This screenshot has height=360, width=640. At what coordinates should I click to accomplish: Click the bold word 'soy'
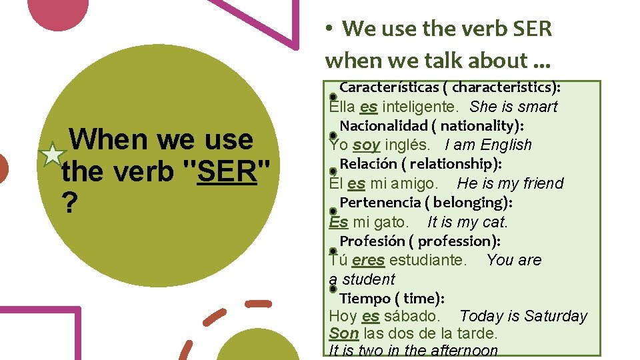(x=366, y=145)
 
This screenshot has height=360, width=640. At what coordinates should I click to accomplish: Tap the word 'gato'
(x=391, y=222)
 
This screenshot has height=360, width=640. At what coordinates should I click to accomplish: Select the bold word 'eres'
(x=368, y=260)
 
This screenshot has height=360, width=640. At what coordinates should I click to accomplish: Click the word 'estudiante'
(x=428, y=260)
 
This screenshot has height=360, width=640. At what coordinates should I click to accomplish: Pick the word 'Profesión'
(x=373, y=241)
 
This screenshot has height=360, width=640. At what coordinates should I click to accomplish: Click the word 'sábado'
(x=410, y=316)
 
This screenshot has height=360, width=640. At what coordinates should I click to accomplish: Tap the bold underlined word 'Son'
(x=344, y=333)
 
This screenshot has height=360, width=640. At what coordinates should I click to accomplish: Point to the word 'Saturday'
(x=556, y=316)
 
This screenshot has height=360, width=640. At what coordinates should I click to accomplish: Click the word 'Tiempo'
(x=365, y=298)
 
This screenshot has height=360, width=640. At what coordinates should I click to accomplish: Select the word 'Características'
(x=393, y=87)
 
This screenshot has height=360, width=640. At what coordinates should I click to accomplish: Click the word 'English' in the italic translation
(x=506, y=145)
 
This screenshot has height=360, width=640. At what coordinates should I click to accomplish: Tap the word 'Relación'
(x=367, y=164)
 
